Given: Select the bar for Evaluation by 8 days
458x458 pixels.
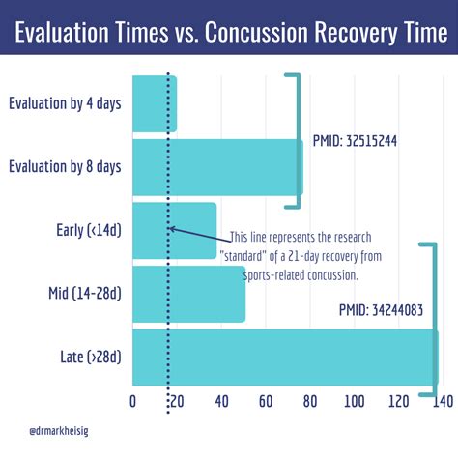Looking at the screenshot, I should [x=216, y=167].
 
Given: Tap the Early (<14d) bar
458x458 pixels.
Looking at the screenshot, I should [x=174, y=230].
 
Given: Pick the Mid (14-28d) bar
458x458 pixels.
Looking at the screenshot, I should [x=188, y=294].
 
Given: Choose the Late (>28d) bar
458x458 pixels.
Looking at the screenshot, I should [x=285, y=358].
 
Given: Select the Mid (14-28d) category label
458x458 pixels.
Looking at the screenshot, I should [x=85, y=294].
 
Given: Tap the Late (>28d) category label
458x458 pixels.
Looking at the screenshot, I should [x=90, y=358].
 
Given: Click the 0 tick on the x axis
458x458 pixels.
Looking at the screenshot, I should [x=132, y=401].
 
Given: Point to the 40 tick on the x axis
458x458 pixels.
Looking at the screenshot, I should [x=220, y=401].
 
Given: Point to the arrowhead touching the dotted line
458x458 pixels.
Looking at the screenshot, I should [x=171, y=229].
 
